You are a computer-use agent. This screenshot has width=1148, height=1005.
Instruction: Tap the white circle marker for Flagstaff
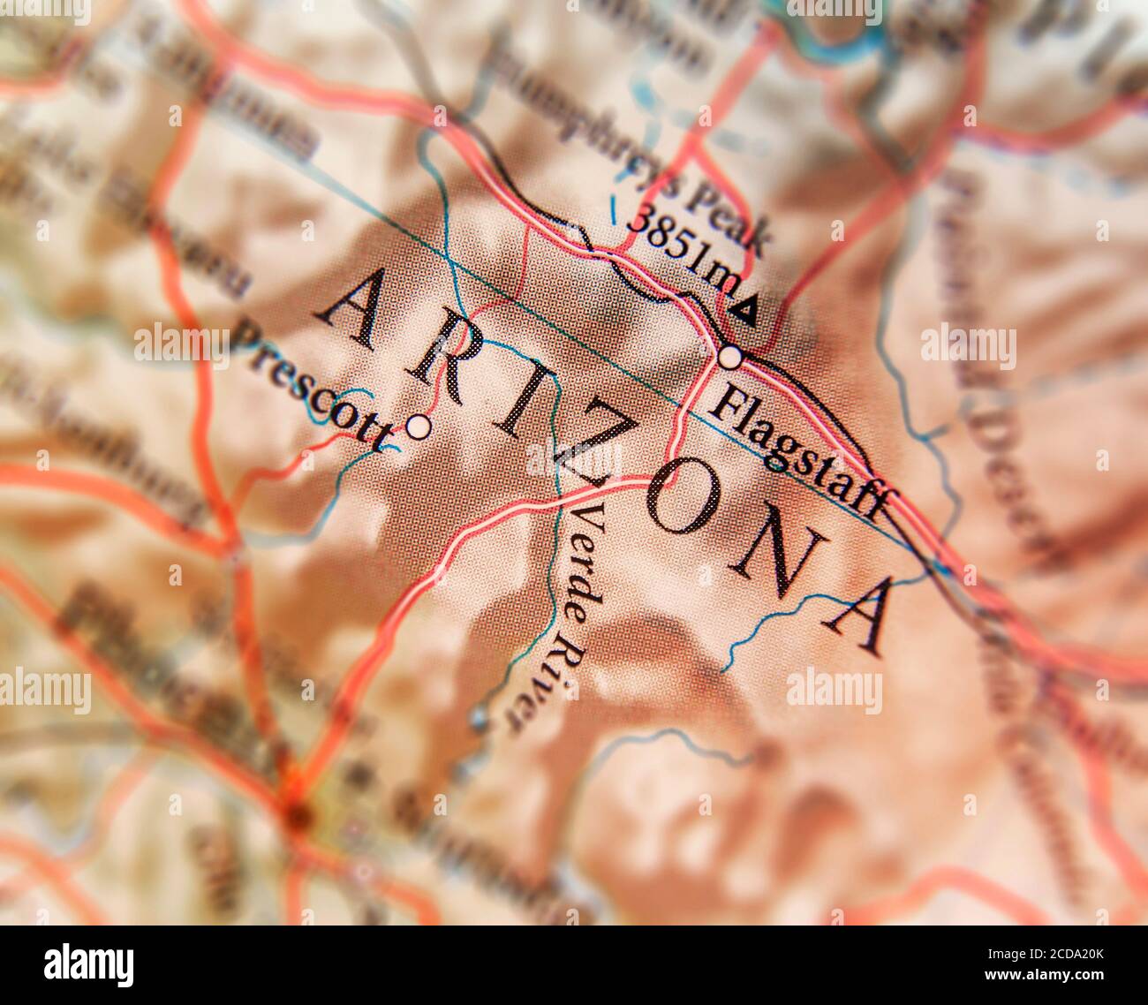point(730,358)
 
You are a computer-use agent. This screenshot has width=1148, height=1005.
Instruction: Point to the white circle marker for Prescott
point(419,427)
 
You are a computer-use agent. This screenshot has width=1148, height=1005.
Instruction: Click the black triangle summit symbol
point(745,311)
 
